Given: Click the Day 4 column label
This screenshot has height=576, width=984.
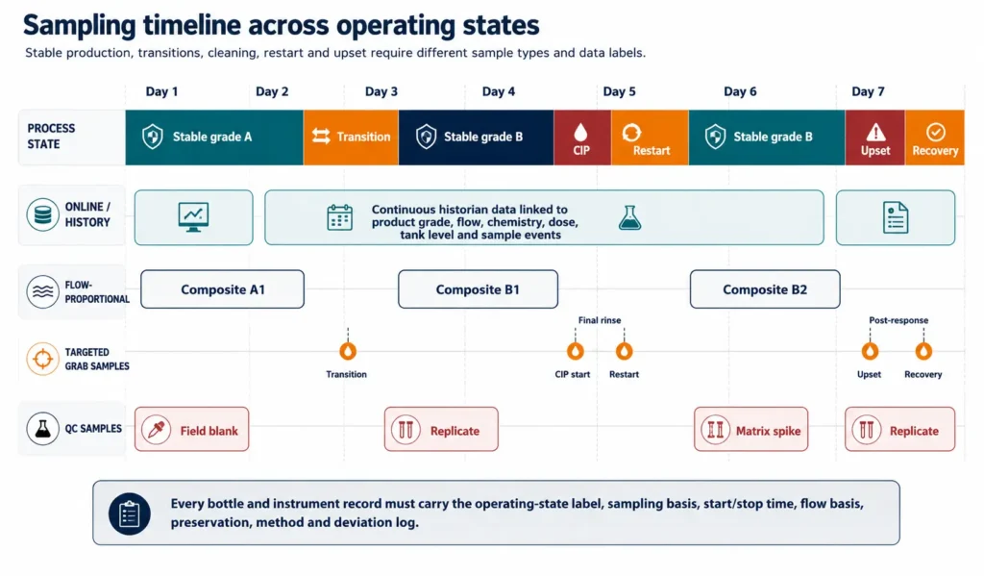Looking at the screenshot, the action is tap(499, 91).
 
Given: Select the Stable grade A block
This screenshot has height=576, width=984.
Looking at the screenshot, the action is tap(214, 138).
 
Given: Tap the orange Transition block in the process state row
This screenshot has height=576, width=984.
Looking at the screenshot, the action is tap(351, 138).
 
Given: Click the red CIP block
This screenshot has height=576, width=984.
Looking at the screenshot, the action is tap(582, 138).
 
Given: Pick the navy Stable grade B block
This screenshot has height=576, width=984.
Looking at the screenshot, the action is tap(476, 138).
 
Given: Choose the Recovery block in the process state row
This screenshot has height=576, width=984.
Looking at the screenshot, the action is tap(934, 138).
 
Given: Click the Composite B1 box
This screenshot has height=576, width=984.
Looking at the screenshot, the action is tap(478, 289).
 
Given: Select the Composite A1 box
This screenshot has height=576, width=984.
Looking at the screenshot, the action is tap(222, 289).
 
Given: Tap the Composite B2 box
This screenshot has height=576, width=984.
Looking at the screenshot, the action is tap(765, 289).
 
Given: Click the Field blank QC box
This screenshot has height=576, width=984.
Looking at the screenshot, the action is tap(191, 430).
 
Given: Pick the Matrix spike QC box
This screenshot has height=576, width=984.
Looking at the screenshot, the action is tap(750, 430).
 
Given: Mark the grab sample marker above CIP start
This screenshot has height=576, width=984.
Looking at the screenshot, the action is tap(575, 350).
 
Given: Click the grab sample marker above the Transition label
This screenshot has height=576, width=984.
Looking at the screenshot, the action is tap(348, 350).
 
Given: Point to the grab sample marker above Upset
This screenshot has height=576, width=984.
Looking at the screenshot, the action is tap(870, 350).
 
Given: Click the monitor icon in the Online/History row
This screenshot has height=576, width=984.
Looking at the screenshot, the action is tap(193, 217).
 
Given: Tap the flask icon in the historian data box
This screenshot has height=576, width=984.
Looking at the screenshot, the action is tap(629, 217).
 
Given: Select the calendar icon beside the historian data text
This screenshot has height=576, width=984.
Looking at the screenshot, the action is tap(339, 217).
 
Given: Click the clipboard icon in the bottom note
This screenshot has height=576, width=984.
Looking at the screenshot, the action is tap(130, 513).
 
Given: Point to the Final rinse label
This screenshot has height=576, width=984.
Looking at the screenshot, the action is tap(600, 320).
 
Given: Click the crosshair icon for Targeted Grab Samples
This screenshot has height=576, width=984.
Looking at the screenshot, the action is tap(42, 359).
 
